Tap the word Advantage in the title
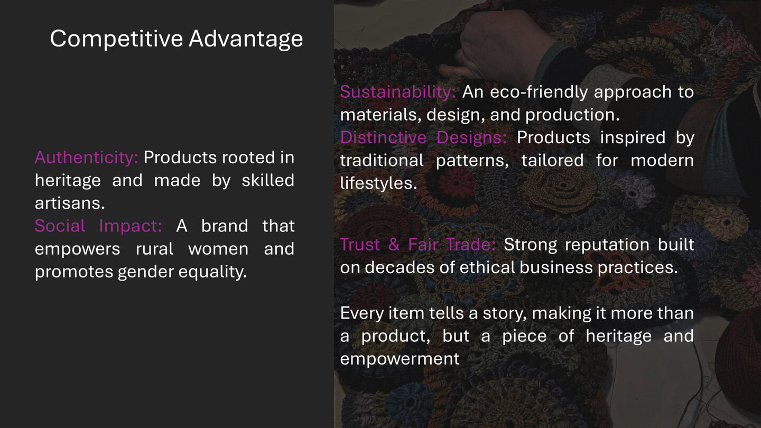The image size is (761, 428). (x=246, y=39)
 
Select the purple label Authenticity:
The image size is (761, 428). (x=86, y=157)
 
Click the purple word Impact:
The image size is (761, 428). (x=131, y=226)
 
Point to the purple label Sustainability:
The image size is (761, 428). (x=397, y=92)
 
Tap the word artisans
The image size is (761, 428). (x=70, y=203)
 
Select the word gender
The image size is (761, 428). (x=142, y=272)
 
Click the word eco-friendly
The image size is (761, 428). (x=539, y=92)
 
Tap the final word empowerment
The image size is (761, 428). (x=400, y=359)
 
